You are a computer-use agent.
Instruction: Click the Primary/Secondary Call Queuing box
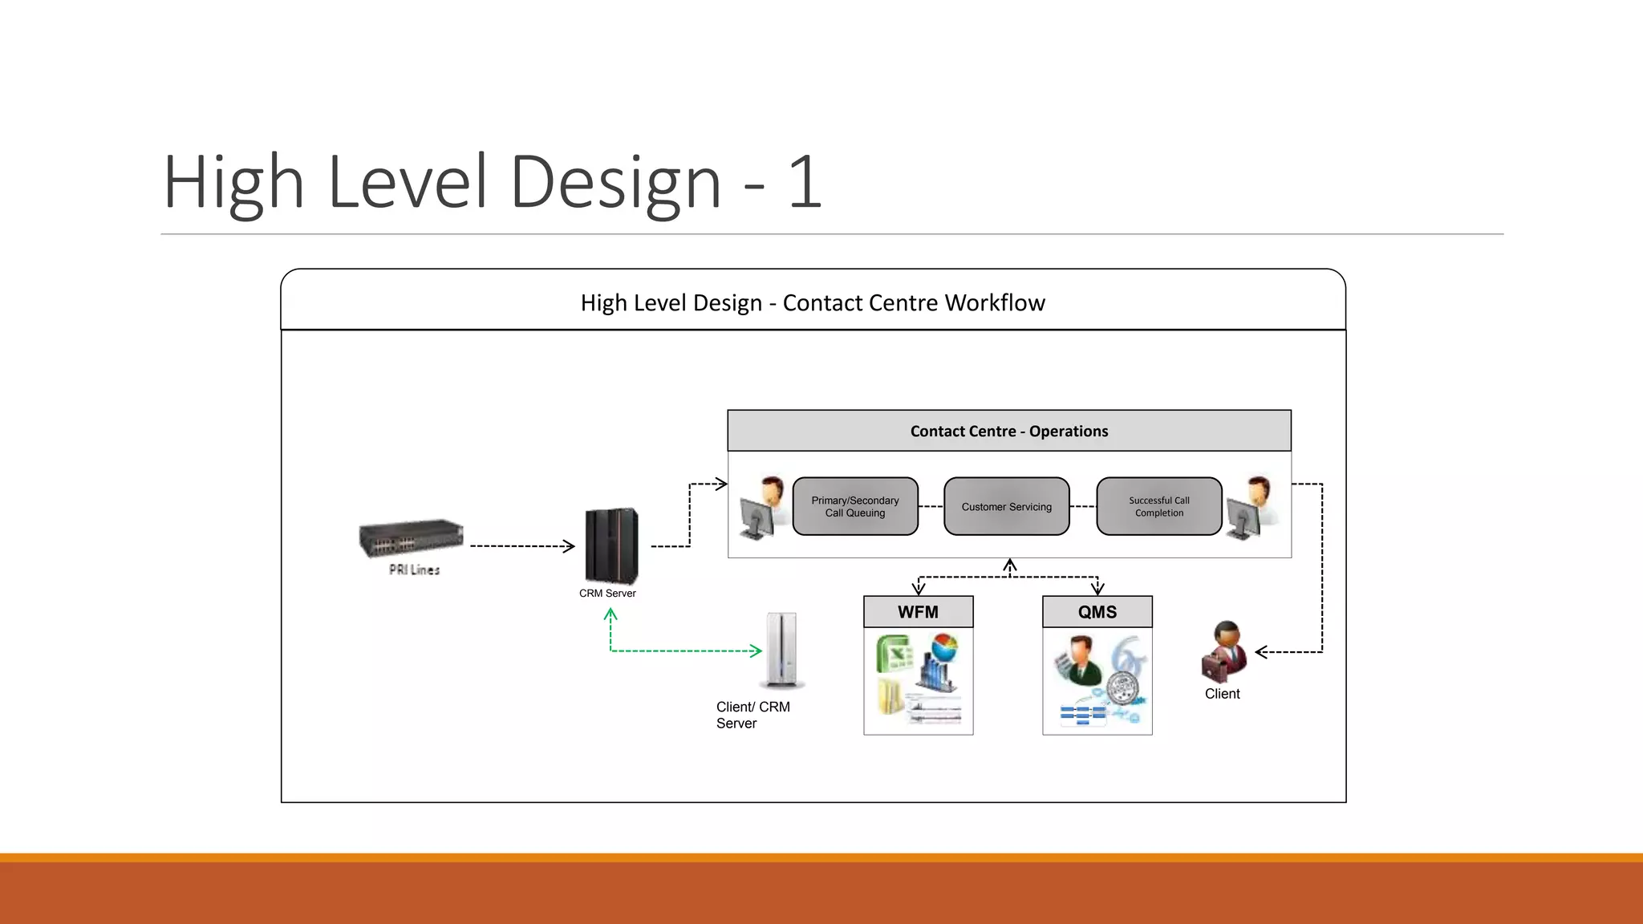click(x=855, y=506)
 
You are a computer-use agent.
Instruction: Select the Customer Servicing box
click(x=1006, y=506)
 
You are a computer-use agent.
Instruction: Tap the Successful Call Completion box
click(x=1158, y=506)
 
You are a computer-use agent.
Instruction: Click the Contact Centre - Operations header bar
click(x=1008, y=431)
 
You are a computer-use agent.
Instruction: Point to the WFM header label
click(x=918, y=612)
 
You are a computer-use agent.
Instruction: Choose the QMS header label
click(x=1097, y=612)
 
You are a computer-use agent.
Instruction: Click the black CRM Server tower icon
click(x=611, y=546)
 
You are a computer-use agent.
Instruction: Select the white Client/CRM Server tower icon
click(x=781, y=650)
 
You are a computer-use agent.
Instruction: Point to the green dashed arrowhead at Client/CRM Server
click(x=756, y=650)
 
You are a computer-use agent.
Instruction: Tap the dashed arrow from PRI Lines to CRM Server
click(x=521, y=546)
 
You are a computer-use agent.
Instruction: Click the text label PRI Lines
click(x=414, y=569)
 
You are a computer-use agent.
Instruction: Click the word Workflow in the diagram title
click(x=995, y=303)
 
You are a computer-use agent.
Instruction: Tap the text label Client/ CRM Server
click(x=753, y=715)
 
